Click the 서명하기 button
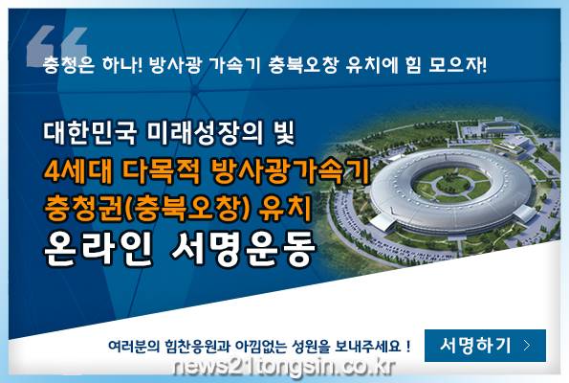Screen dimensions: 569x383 coord(485,346)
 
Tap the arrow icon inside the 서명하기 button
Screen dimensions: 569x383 coord(527,346)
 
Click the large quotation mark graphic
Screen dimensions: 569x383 coord(57,45)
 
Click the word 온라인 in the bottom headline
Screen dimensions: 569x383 coord(98,248)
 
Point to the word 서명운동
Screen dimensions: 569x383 coord(242,249)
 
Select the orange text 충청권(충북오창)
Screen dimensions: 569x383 coord(147,208)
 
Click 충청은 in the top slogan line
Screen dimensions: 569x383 coord(69,65)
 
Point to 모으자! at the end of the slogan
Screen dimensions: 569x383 coord(457,65)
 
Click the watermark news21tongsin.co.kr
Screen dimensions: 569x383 coord(284,368)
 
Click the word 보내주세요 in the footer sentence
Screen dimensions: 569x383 coord(367,346)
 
